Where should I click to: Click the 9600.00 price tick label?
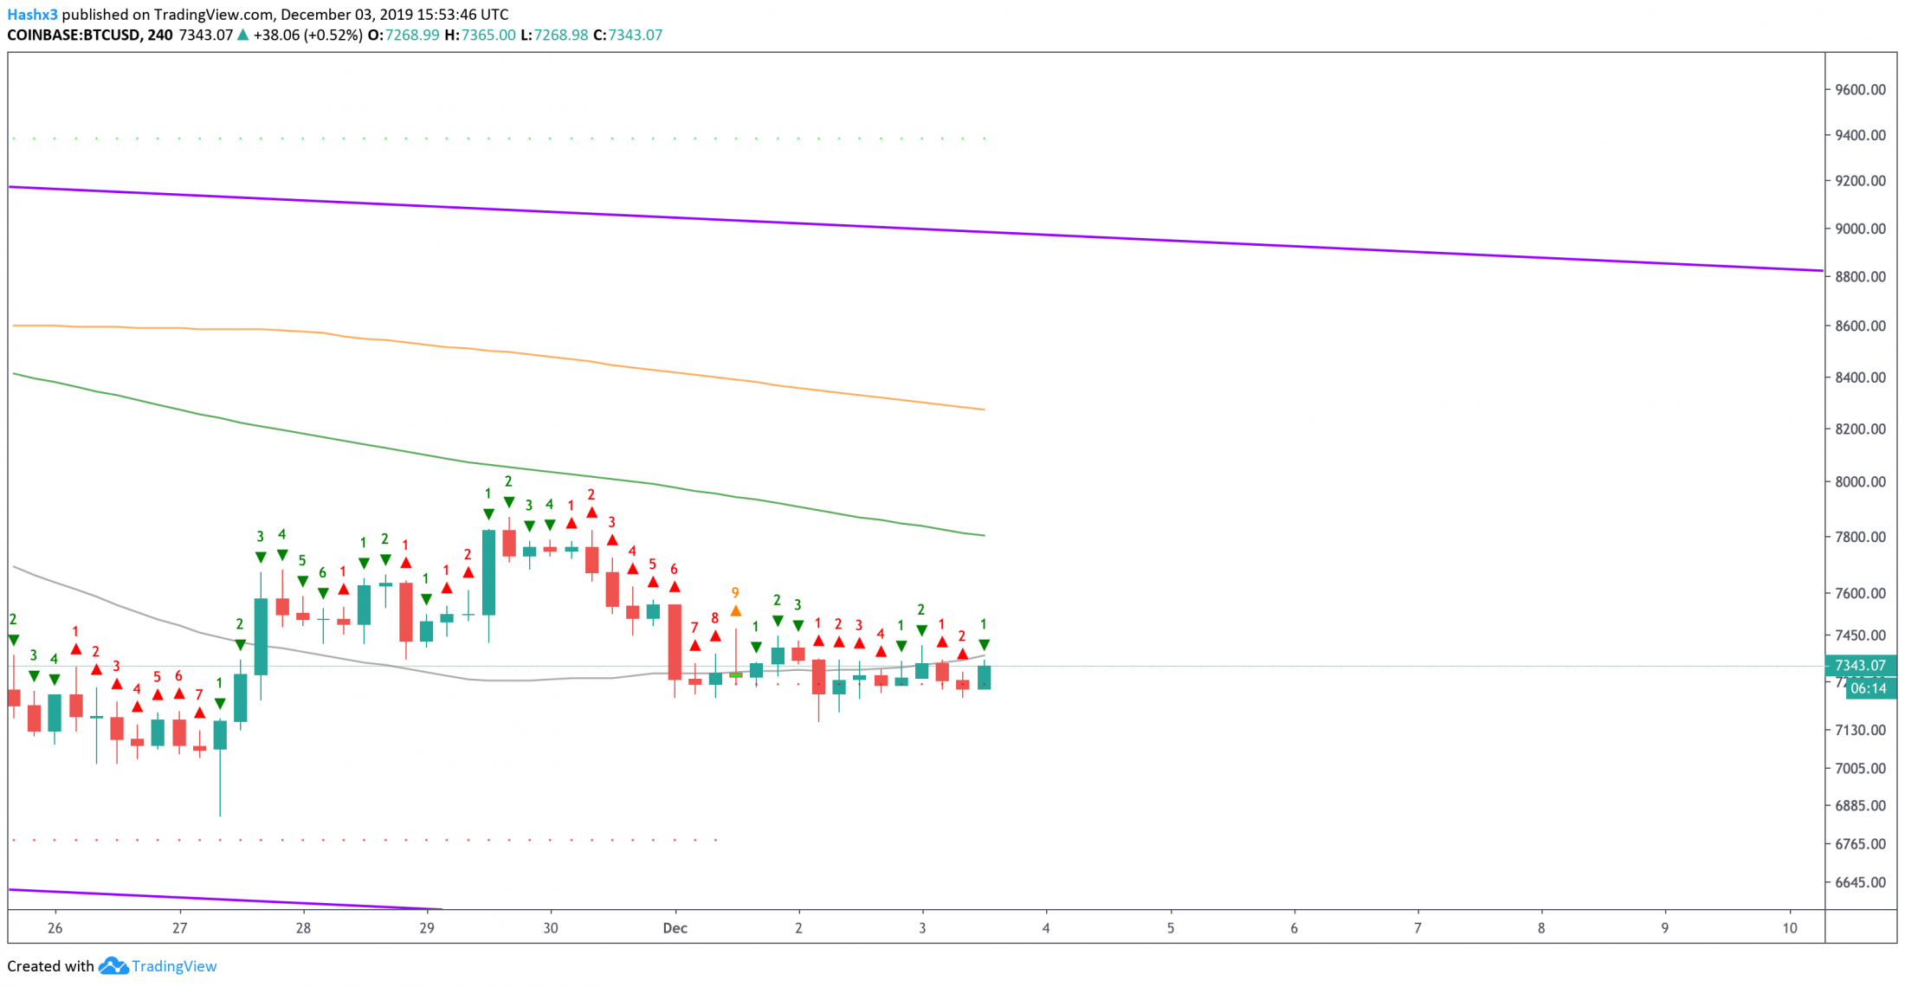click(1860, 90)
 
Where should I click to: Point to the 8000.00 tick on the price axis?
click(1860, 482)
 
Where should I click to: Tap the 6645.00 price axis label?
click(1860, 882)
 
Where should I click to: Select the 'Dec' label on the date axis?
click(675, 928)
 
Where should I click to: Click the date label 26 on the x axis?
click(55, 928)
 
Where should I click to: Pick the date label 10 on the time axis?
click(1790, 928)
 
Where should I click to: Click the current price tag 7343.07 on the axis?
click(1860, 666)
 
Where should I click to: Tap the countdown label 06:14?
click(1869, 688)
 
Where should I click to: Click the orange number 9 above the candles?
click(735, 593)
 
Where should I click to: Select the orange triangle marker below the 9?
click(735, 611)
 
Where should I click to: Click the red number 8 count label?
click(714, 618)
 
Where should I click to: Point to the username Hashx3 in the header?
click(32, 15)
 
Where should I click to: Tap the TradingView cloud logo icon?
click(113, 966)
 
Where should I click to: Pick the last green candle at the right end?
click(985, 675)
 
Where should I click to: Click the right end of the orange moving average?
click(985, 410)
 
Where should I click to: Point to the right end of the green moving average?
click(985, 535)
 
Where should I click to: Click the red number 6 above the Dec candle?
click(674, 570)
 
